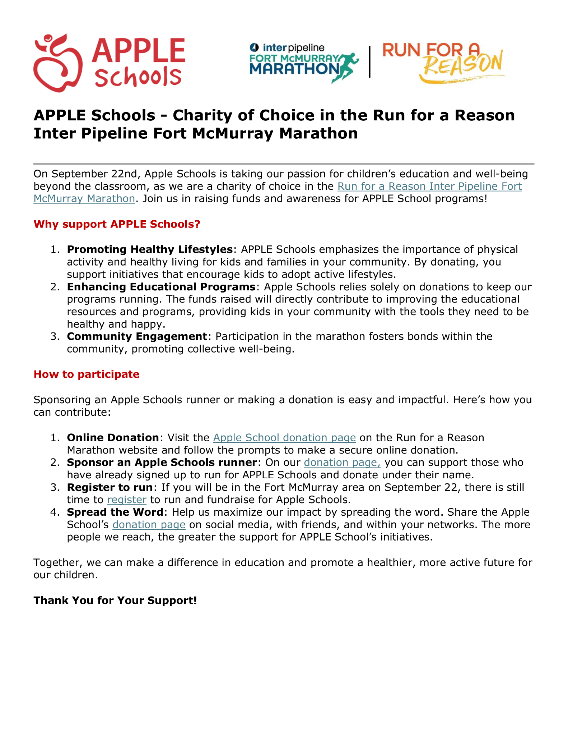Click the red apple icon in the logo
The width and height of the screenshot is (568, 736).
(57, 63)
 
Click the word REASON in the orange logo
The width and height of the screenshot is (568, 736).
(463, 65)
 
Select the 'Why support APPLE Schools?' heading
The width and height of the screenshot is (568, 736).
(117, 224)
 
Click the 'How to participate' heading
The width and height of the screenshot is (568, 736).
(86, 374)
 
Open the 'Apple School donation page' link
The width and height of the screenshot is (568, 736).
(284, 438)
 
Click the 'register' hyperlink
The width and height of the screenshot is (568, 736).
(127, 500)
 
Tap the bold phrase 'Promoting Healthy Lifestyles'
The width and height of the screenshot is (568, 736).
(150, 249)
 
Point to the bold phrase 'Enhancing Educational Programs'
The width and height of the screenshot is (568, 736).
(161, 287)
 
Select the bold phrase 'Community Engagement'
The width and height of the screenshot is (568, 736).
(137, 336)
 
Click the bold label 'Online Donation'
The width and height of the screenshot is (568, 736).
(113, 438)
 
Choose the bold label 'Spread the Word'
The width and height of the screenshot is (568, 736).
(115, 512)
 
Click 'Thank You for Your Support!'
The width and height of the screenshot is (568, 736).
(115, 601)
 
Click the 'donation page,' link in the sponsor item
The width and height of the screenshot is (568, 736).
(342, 463)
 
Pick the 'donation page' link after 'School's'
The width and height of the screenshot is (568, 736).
(149, 525)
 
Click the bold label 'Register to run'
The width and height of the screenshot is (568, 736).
(110, 487)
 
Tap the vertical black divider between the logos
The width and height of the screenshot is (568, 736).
(370, 62)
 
